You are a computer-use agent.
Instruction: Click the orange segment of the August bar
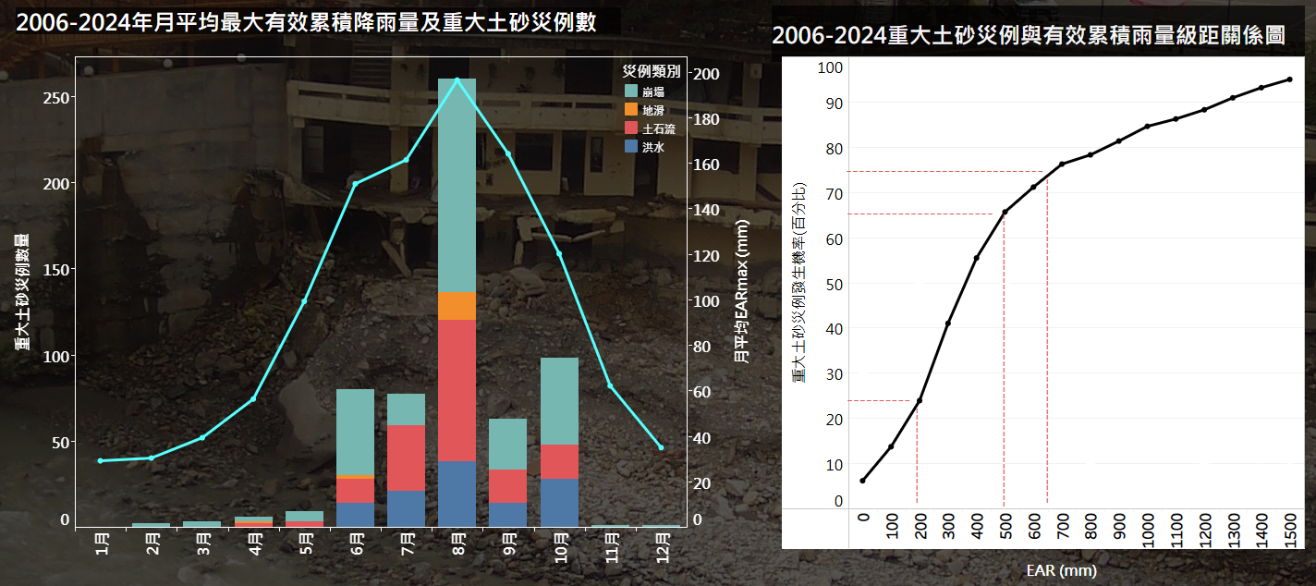tap(457, 305)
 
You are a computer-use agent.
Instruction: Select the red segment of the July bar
tap(406, 458)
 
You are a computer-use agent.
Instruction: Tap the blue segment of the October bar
tap(558, 502)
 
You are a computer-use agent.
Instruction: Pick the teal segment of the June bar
tap(355, 431)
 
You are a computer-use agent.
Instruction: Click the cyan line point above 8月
tap(457, 79)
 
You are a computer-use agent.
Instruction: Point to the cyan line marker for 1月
tap(101, 460)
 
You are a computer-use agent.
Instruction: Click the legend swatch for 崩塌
tap(631, 91)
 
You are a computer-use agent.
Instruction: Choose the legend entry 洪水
tap(653, 146)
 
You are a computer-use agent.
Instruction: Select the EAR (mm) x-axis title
tap(1061, 570)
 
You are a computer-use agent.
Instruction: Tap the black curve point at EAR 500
tap(1005, 212)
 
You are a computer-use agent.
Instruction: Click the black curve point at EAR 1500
tap(1289, 79)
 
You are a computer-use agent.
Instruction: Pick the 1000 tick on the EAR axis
tap(1147, 535)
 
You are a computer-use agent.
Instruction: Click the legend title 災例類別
tap(652, 71)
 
